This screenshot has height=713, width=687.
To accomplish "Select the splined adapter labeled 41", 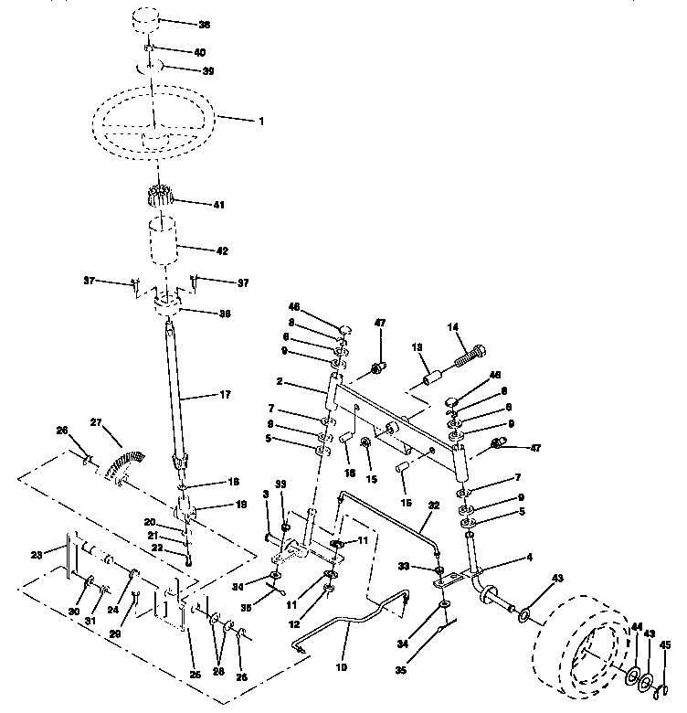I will pos(161,196).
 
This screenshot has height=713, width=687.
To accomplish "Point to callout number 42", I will pos(221,250).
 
